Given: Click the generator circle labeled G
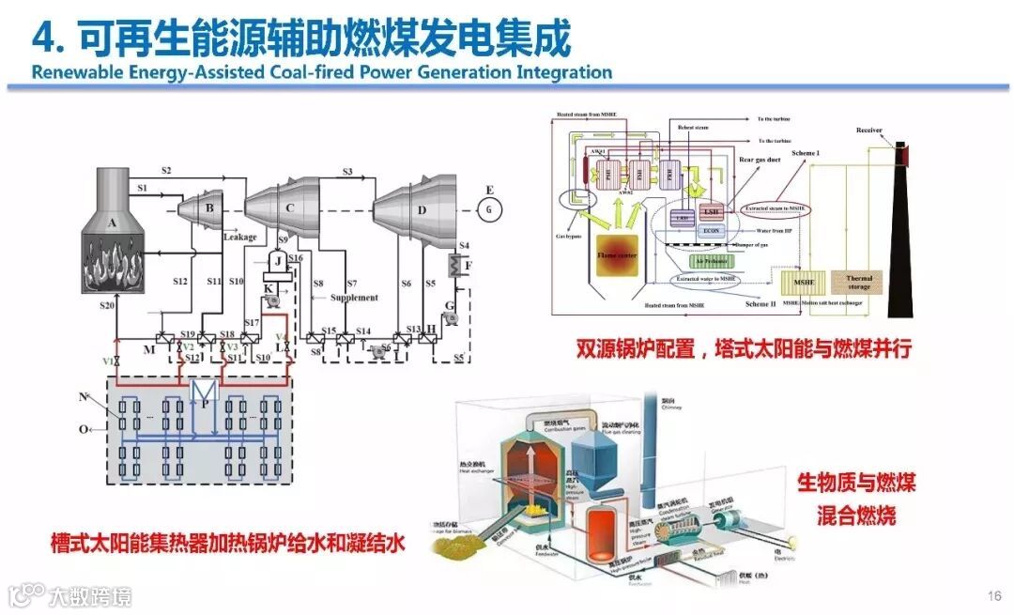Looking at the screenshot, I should click(x=487, y=209).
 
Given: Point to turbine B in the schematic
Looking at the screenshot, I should click(x=209, y=207).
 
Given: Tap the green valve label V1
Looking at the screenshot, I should click(x=108, y=361).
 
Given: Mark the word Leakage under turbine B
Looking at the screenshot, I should click(x=239, y=238).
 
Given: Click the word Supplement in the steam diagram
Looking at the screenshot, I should click(x=354, y=298).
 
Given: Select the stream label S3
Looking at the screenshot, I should click(x=347, y=173).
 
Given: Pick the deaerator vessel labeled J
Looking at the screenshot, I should click(x=277, y=259).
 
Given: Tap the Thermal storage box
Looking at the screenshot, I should click(x=859, y=283).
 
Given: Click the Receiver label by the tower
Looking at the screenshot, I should click(x=868, y=131).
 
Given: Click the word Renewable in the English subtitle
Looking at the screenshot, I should click(x=71, y=72).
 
